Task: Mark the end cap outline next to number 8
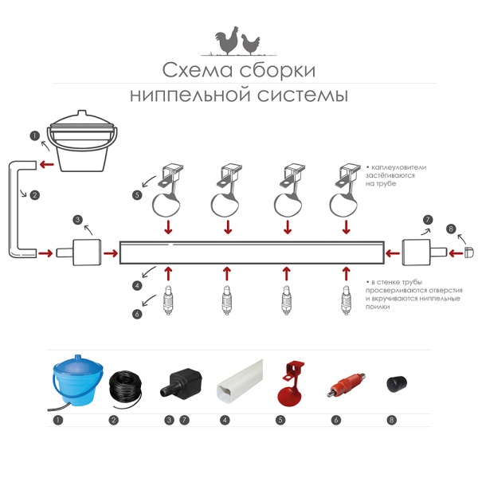[x=469, y=253]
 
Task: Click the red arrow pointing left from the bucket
[x=47, y=165]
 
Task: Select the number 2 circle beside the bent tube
[x=35, y=194]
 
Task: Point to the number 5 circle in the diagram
[x=137, y=194]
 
